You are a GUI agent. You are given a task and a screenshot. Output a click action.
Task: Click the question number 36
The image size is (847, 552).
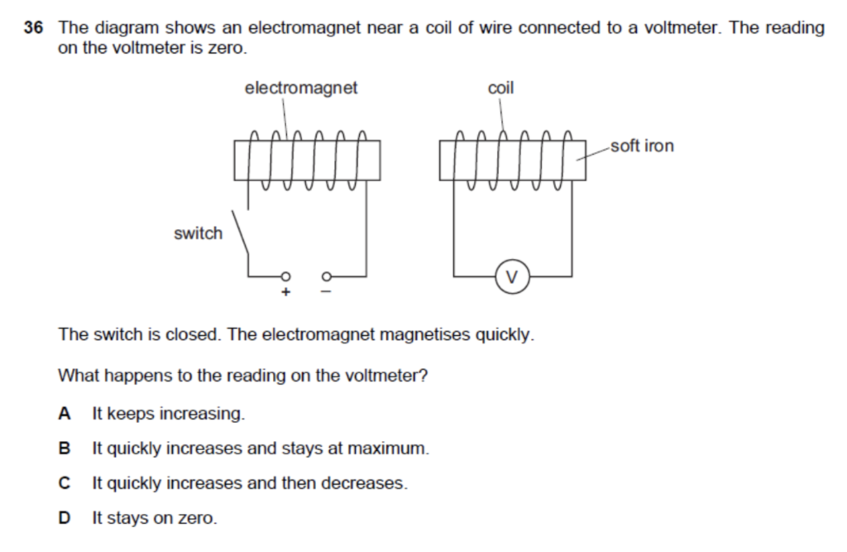33,28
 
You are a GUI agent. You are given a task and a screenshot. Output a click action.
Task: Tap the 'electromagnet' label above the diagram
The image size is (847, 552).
301,88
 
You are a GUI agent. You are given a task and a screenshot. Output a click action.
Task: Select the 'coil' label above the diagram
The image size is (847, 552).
500,88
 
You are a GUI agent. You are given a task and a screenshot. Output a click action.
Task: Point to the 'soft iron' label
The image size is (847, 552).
642,146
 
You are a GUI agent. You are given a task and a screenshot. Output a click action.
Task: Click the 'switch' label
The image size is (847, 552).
198,233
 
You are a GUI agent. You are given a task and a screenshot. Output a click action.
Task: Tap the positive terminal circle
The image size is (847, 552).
286,276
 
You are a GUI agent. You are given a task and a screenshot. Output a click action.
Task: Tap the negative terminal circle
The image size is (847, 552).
326,276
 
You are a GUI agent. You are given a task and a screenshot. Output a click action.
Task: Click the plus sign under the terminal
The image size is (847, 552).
286,292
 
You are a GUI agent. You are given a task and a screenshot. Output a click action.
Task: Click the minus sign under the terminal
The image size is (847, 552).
325,292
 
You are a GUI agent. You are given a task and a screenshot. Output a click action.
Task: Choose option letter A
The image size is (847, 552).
65,413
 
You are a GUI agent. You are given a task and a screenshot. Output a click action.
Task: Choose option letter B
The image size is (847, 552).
65,449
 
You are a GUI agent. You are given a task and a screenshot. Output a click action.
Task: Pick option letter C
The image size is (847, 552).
65,483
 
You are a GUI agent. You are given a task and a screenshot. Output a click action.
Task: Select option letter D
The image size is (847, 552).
65,519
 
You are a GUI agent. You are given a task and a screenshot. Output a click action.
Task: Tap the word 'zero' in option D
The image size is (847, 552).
197,519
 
